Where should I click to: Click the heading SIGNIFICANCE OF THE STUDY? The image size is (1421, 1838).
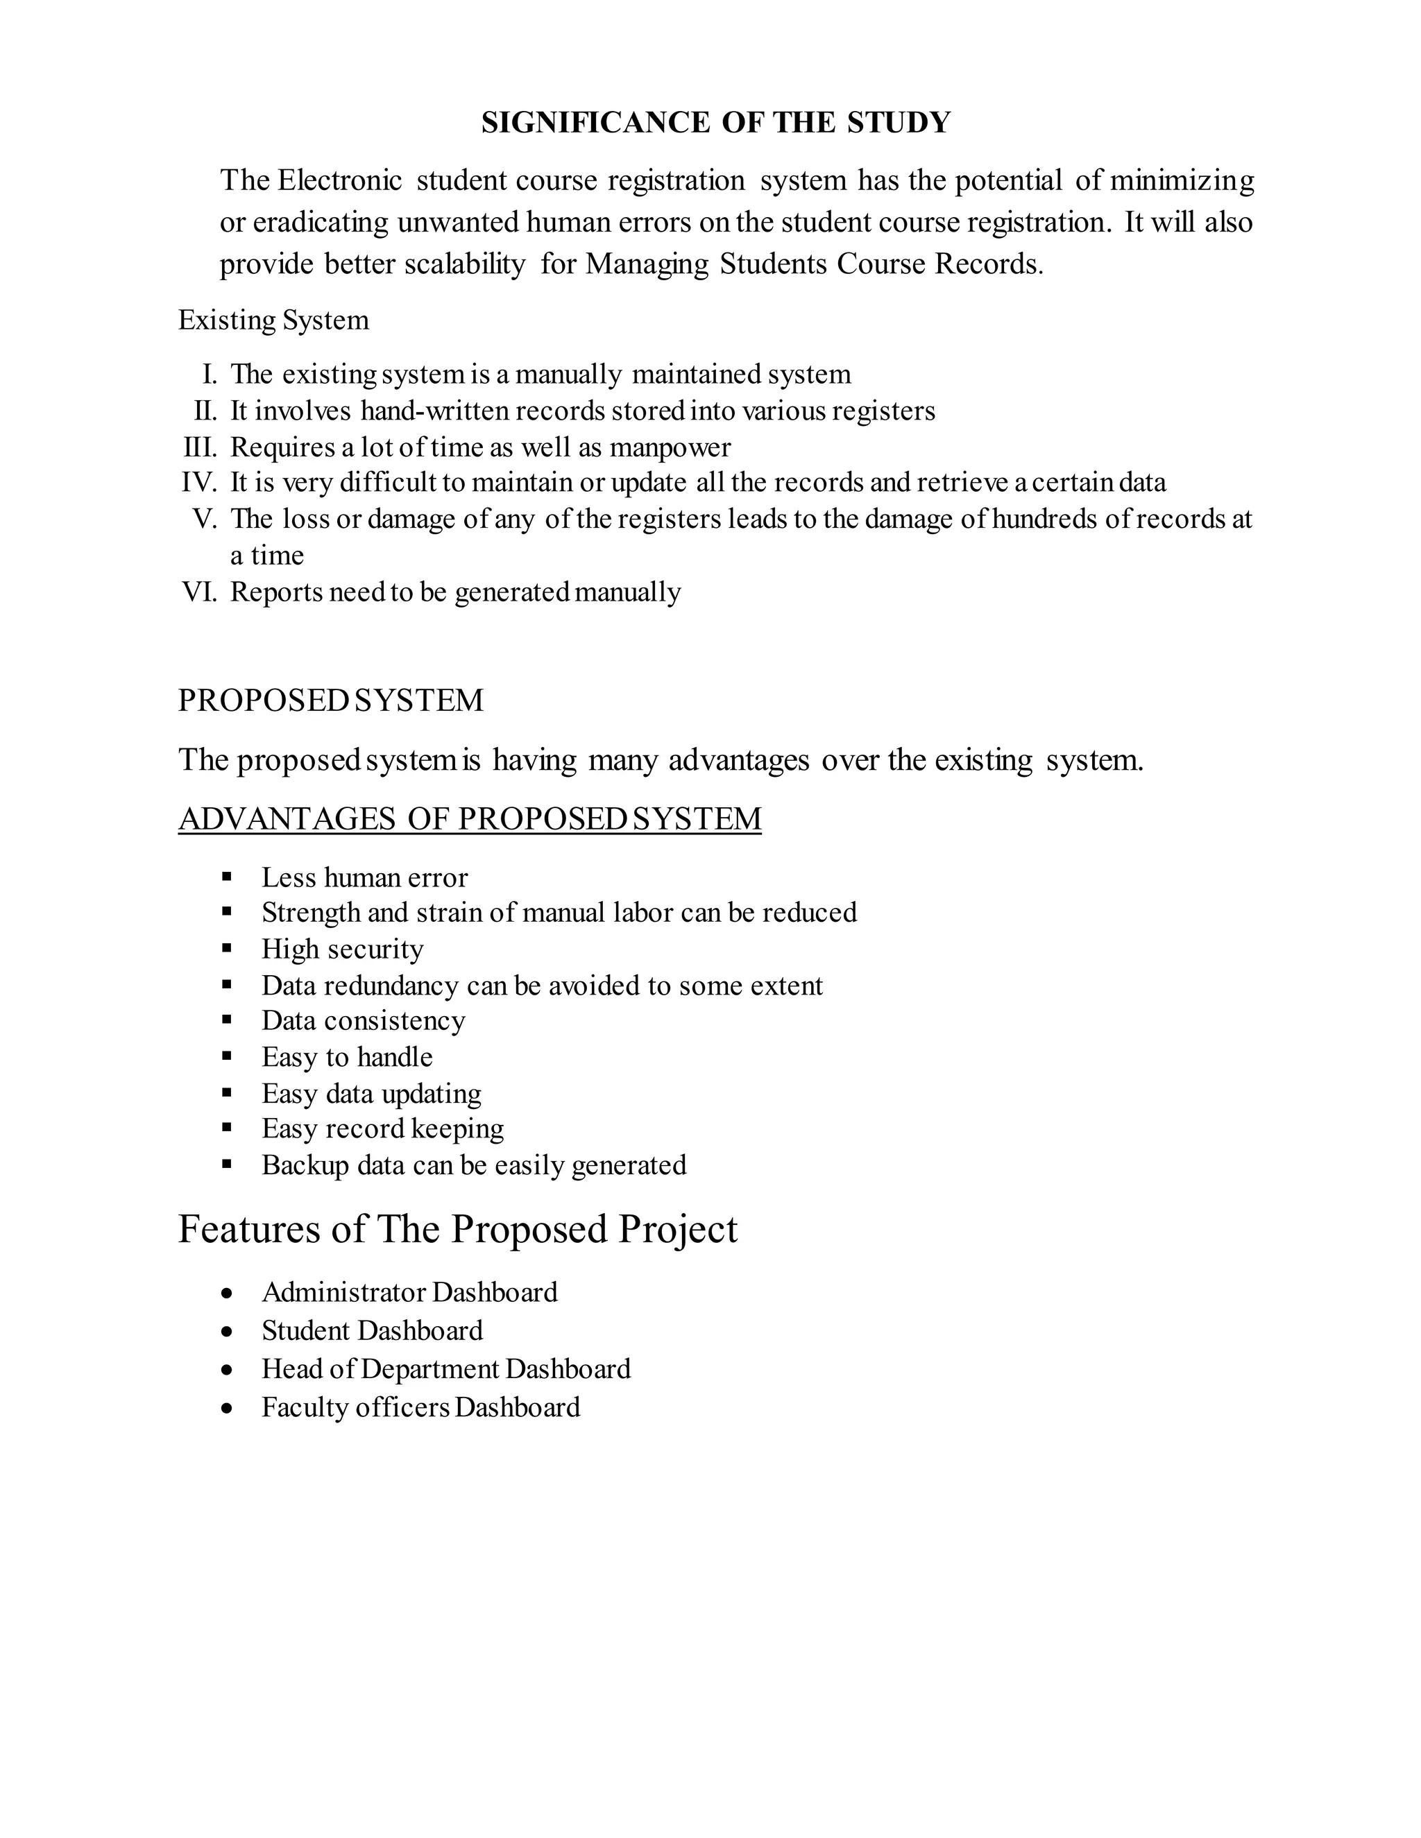715,123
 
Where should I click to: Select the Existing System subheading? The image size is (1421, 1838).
273,320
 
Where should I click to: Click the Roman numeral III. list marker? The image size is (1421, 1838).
200,447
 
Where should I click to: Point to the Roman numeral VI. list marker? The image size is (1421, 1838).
200,592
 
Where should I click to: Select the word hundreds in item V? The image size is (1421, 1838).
1044,519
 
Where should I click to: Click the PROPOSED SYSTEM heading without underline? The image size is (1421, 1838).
331,701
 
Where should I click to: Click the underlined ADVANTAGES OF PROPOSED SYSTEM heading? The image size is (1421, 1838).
470,820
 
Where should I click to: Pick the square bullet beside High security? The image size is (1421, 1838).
226,948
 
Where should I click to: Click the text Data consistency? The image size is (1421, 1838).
363,1021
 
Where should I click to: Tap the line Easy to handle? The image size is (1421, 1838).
347,1057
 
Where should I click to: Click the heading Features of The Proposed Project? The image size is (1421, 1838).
457,1230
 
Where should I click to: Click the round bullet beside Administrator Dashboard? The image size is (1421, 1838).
226,1294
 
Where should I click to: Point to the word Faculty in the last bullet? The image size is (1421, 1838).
304,1407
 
